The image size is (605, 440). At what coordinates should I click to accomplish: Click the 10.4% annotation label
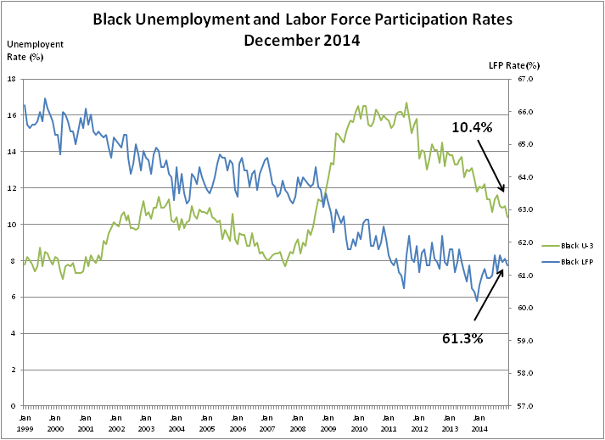coord(472,127)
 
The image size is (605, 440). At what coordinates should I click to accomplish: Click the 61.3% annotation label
coord(462,337)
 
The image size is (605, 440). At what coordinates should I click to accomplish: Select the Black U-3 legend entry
coord(572,242)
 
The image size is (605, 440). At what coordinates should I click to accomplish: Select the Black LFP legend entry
coord(572,262)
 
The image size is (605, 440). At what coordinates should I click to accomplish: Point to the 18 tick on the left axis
coord(12,79)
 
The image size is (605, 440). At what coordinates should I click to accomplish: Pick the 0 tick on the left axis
coord(14,406)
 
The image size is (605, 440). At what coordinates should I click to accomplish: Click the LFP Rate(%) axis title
coord(514,64)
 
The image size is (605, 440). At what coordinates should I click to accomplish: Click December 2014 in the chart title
coord(301,39)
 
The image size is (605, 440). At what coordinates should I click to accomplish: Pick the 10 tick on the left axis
coord(12,225)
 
